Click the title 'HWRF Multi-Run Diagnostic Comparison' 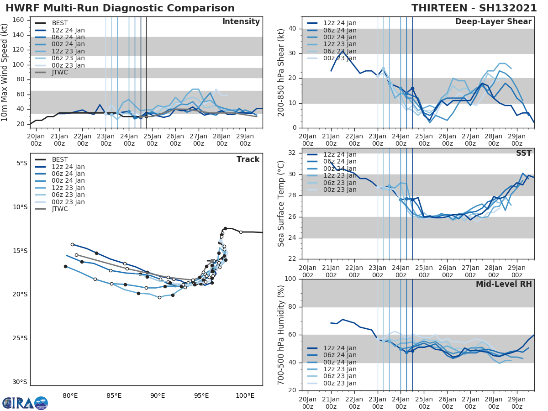point(120,8)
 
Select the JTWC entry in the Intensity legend point(60,73)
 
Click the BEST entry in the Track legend point(60,160)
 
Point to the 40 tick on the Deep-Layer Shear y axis point(294,29)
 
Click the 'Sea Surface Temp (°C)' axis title point(281,204)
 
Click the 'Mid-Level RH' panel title point(504,285)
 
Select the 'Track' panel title point(248,159)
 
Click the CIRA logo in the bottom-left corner point(25,403)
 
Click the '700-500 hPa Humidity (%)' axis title point(281,335)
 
